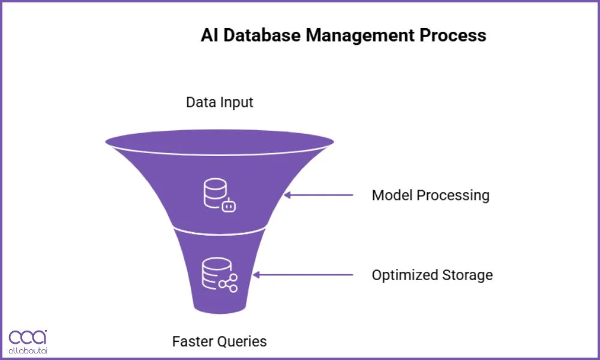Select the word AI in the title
coord(208,35)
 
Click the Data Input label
coord(220,102)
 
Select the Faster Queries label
coord(220,341)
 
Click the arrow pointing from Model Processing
coord(319,195)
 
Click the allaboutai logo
coord(28,341)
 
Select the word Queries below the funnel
coord(244,341)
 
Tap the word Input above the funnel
coord(236,102)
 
